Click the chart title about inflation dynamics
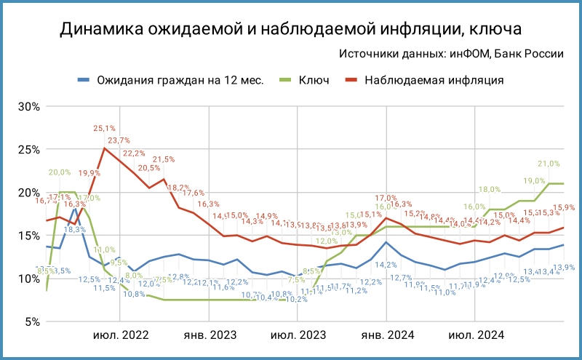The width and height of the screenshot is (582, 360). pyautogui.click(x=291, y=29)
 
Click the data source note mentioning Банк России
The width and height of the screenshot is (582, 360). pyautogui.click(x=452, y=54)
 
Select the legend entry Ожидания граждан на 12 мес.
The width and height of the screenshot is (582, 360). pyautogui.click(x=170, y=79)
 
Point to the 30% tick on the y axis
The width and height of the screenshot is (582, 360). pyautogui.click(x=28, y=106)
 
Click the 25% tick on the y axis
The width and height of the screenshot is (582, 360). pyautogui.click(x=28, y=149)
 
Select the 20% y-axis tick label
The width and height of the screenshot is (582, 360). pyautogui.click(x=28, y=192)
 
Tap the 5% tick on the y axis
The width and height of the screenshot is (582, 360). pyautogui.click(x=31, y=321)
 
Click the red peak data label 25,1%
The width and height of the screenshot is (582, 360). pyautogui.click(x=104, y=129)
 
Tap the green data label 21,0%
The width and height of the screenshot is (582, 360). pyautogui.click(x=549, y=164)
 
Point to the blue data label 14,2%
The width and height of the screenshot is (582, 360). pyautogui.click(x=386, y=265)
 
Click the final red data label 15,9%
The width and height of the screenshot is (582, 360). pyautogui.click(x=564, y=207)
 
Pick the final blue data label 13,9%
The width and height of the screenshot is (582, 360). pyautogui.click(x=564, y=268)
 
